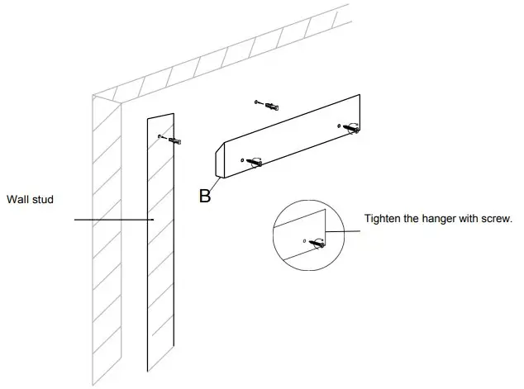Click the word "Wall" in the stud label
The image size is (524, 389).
tap(17, 199)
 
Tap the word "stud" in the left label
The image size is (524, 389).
tap(42, 199)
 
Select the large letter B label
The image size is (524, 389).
tap(205, 196)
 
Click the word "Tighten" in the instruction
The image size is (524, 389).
tap(383, 219)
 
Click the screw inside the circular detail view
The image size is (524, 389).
tap(317, 243)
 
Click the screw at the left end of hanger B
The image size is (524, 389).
tap(255, 162)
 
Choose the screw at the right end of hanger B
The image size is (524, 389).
tap(351, 127)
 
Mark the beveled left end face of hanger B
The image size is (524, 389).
tap(221, 161)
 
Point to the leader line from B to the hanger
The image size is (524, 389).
tap(215, 184)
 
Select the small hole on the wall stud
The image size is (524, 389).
tap(160, 135)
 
